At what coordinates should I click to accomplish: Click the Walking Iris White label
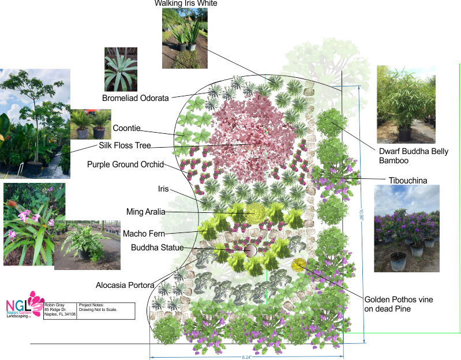pyautogui.click(x=186, y=3)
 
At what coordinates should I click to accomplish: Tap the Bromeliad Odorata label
pyautogui.click(x=136, y=98)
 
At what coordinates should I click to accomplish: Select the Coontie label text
pyautogui.click(x=126, y=128)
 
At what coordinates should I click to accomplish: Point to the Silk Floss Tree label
pyautogui.click(x=129, y=145)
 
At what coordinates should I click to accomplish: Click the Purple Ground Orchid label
pyautogui.click(x=126, y=164)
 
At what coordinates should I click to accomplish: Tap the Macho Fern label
pyautogui.click(x=144, y=234)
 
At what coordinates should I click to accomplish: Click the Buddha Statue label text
pyautogui.click(x=157, y=248)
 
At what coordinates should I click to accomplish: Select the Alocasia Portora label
pyautogui.click(x=125, y=285)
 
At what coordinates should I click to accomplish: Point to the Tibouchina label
pyautogui.click(x=407, y=181)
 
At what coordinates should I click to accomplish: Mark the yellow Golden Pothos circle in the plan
pyautogui.click(x=298, y=265)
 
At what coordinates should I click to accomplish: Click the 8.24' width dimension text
pyautogui.click(x=247, y=357)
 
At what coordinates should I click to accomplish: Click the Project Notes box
pyautogui.click(x=106, y=310)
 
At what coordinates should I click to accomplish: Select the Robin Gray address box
pyautogui.click(x=60, y=310)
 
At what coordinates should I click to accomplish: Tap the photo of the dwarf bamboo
pyautogui.click(x=406, y=104)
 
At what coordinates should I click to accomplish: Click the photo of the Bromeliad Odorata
pyautogui.click(x=121, y=69)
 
